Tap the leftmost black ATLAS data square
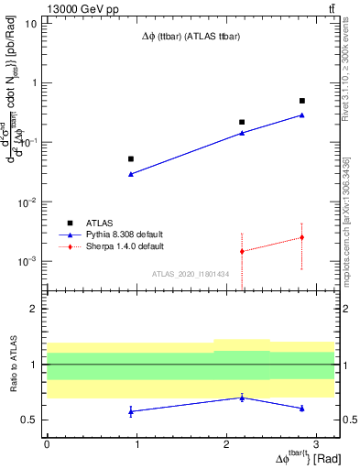pyautogui.click(x=130, y=158)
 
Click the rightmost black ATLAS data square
pyautogui.click(x=302, y=101)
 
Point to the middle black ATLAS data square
pyautogui.click(x=242, y=122)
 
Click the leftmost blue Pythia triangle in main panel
pyautogui.click(x=130, y=174)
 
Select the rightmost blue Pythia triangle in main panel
pyautogui.click(x=302, y=115)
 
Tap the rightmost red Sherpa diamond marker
pyautogui.click(x=302, y=237)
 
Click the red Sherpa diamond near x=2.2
pyautogui.click(x=242, y=251)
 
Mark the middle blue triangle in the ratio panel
pyautogui.click(x=242, y=398)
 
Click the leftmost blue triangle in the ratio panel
pyautogui.click(x=130, y=411)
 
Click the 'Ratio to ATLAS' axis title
pyautogui.click(x=12, y=365)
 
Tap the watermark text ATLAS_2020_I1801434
pyautogui.click(x=191, y=273)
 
